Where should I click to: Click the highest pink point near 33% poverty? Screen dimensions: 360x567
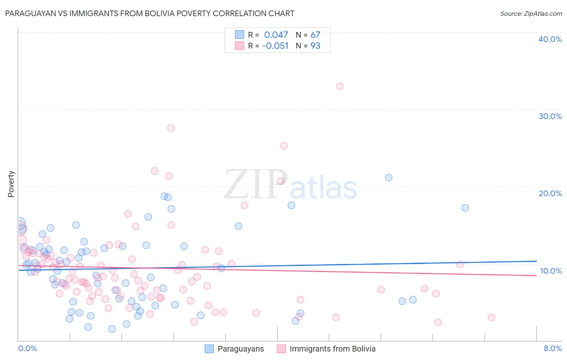pyautogui.click(x=340, y=86)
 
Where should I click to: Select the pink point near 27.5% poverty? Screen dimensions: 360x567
pyautogui.click(x=171, y=128)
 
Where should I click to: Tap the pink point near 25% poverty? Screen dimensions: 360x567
pyautogui.click(x=283, y=146)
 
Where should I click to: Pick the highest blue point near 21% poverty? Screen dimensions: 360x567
pyautogui.click(x=388, y=178)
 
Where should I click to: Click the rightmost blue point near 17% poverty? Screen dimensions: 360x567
pyautogui.click(x=465, y=208)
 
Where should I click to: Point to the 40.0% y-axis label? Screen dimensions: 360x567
pyautogui.click(x=550, y=39)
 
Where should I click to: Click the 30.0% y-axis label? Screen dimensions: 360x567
pyautogui.click(x=550, y=116)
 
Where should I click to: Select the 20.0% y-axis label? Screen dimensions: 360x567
pyautogui.click(x=550, y=193)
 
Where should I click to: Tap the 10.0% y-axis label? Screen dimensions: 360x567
pyautogui.click(x=550, y=271)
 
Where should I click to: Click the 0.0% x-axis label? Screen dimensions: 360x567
pyautogui.click(x=27, y=348)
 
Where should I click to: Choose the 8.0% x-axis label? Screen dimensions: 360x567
pyautogui.click(x=552, y=348)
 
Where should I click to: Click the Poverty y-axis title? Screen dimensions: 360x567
pyautogui.click(x=11, y=184)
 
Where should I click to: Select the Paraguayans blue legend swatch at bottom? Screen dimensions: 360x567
pyautogui.click(x=209, y=349)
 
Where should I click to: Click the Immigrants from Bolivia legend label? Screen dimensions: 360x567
pyautogui.click(x=332, y=349)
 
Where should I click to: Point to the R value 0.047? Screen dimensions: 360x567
pyautogui.click(x=276, y=35)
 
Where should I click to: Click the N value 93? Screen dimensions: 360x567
pyautogui.click(x=315, y=46)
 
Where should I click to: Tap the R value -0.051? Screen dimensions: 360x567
pyautogui.click(x=275, y=46)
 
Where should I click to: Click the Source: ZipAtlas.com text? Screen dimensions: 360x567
pyautogui.click(x=531, y=14)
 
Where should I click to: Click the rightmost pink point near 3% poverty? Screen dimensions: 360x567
pyautogui.click(x=491, y=317)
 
